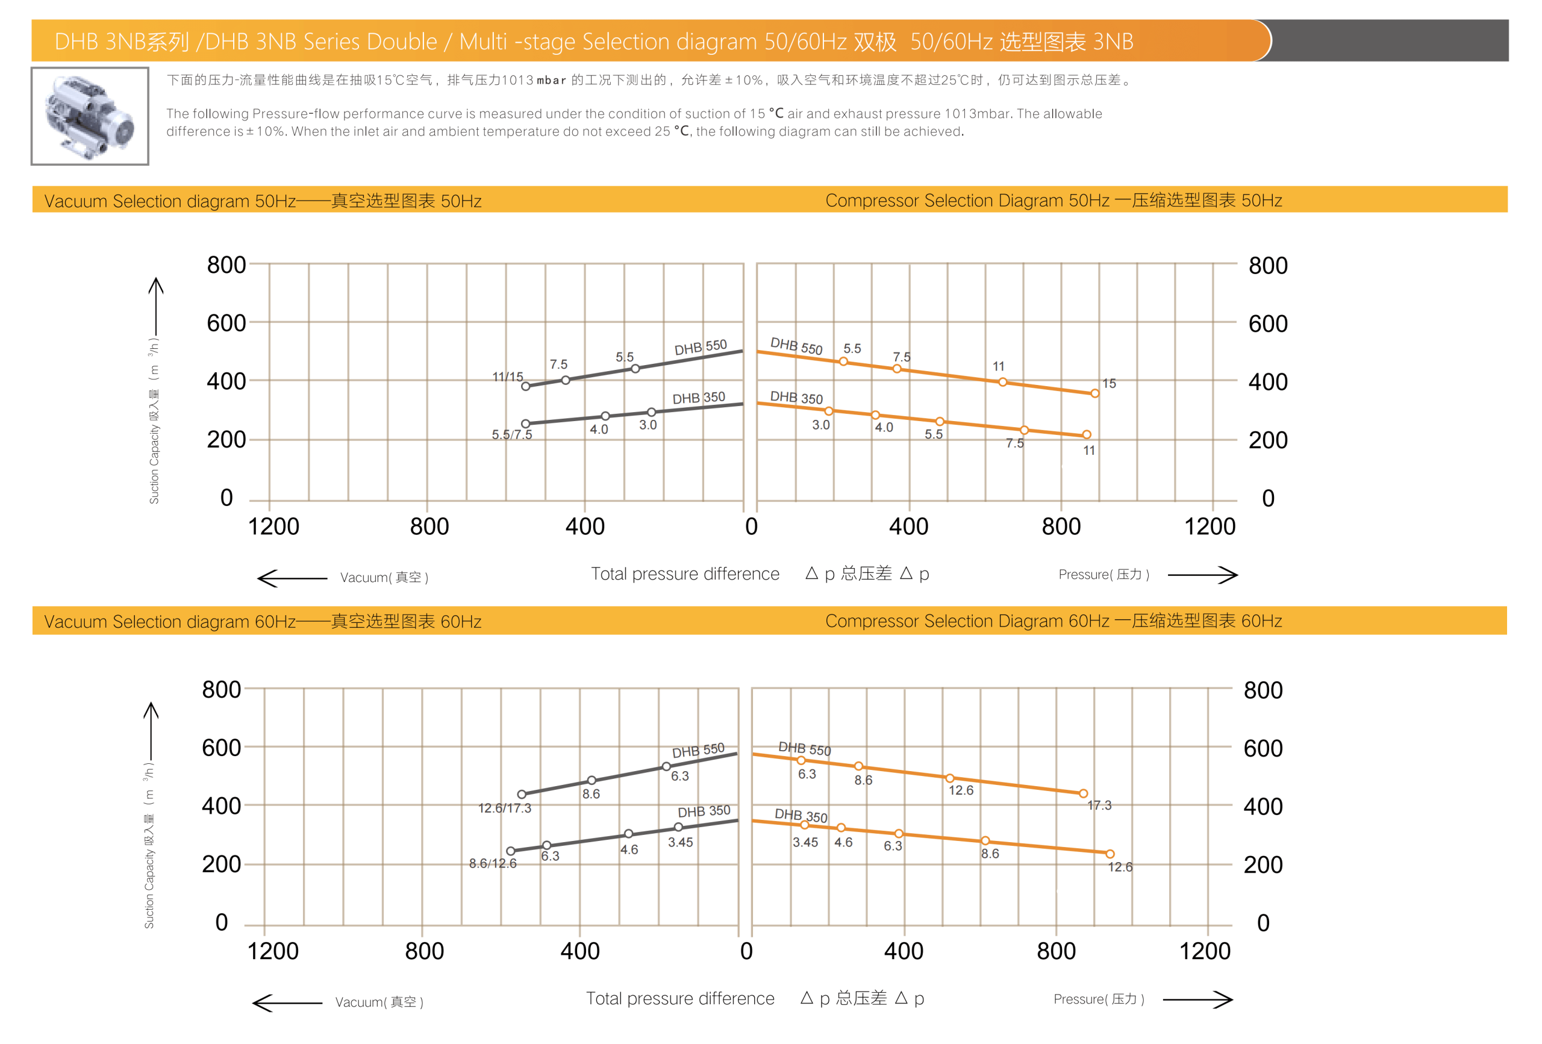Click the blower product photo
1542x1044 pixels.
pyautogui.click(x=90, y=116)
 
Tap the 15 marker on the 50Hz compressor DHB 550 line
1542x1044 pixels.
pyautogui.click(x=1095, y=393)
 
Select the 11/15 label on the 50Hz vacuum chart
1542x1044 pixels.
pyautogui.click(x=508, y=377)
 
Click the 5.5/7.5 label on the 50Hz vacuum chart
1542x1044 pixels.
pyautogui.click(x=511, y=435)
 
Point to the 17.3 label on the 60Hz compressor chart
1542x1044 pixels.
pyautogui.click(x=1099, y=805)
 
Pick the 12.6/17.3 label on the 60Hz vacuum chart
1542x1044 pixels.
pyautogui.click(x=504, y=808)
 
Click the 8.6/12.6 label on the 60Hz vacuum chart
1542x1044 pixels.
pyautogui.click(x=492, y=863)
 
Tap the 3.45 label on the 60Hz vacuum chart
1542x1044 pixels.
pyautogui.click(x=680, y=842)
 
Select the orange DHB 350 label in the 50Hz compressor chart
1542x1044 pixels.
pyautogui.click(x=796, y=398)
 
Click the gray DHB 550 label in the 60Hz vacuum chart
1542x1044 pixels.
pyautogui.click(x=698, y=751)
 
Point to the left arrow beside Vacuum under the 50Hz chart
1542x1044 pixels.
pyautogui.click(x=292, y=578)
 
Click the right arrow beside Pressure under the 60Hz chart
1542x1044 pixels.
pyautogui.click(x=1197, y=999)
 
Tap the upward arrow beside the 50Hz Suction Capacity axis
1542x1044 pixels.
pyautogui.click(x=156, y=305)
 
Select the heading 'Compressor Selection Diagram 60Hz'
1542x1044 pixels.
pyautogui.click(x=1053, y=620)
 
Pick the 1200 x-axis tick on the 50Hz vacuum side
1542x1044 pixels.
pyautogui.click(x=273, y=527)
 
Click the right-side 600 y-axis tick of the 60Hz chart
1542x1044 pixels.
pyautogui.click(x=1263, y=748)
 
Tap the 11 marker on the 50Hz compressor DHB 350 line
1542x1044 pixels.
pyautogui.click(x=1086, y=435)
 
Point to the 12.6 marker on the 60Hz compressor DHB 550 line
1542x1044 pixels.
pyautogui.click(x=949, y=778)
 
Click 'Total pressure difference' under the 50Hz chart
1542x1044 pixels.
pyautogui.click(x=685, y=574)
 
